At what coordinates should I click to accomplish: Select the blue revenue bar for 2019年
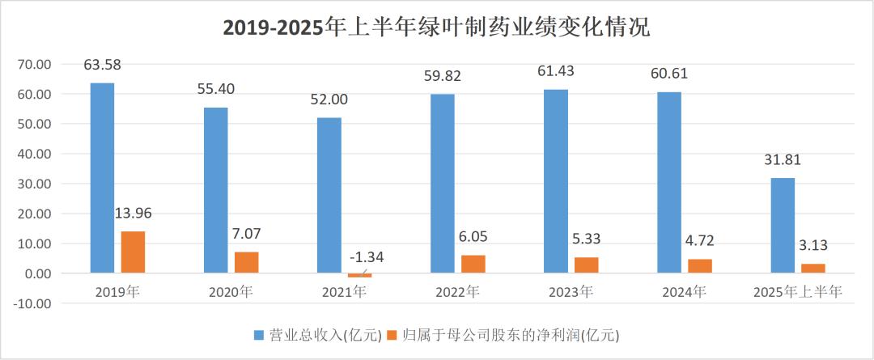tap(102, 178)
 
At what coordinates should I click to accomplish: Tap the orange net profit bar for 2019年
tap(133, 252)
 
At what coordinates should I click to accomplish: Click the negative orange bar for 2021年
tap(359, 275)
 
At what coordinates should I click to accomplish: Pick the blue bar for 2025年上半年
tap(782, 226)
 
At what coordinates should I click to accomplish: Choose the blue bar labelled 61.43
tap(555, 181)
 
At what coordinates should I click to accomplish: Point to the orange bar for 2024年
tap(699, 266)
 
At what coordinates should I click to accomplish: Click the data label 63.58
tap(102, 64)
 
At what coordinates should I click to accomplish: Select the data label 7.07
tap(247, 234)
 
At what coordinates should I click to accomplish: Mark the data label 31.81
tap(782, 159)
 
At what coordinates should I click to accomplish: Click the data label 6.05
tap(473, 237)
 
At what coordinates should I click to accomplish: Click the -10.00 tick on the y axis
tap(33, 303)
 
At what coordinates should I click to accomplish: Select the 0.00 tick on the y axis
tap(38, 273)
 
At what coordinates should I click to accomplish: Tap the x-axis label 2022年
tap(457, 292)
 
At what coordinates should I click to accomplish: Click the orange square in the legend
tap(392, 334)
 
